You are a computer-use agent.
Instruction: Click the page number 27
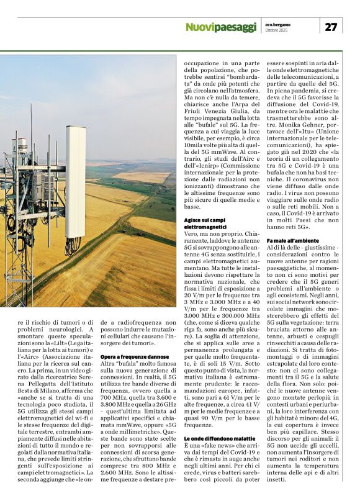click(331, 26)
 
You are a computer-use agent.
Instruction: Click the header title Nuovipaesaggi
click(220, 27)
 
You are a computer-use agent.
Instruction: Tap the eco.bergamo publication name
click(277, 23)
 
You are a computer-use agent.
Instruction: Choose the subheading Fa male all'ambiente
click(293, 240)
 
